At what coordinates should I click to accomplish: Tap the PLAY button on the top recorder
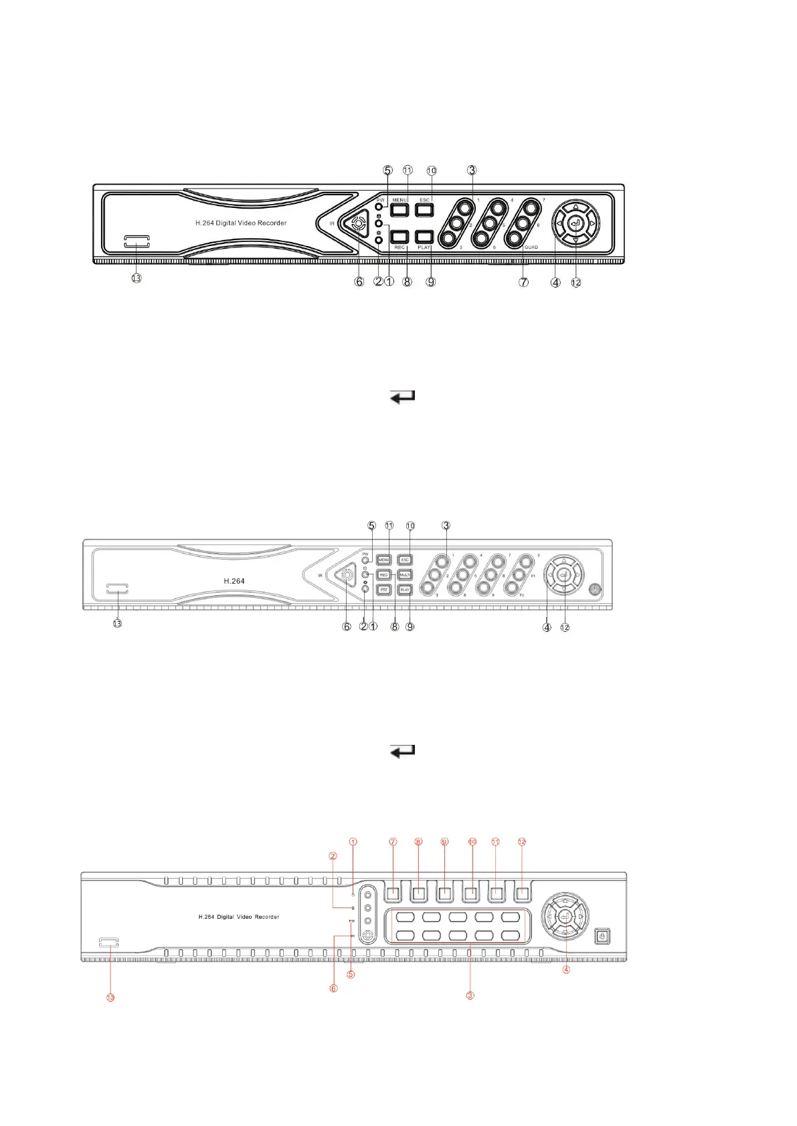click(424, 237)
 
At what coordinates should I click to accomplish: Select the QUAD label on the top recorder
click(531, 247)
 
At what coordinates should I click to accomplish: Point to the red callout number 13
click(110, 997)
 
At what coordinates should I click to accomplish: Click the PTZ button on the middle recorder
click(384, 590)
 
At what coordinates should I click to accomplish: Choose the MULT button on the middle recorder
click(405, 575)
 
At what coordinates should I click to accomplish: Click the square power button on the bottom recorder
click(602, 936)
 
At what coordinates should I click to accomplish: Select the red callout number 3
click(470, 995)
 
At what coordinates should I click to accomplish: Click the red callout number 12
click(523, 842)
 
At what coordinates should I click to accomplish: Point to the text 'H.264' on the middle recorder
click(234, 581)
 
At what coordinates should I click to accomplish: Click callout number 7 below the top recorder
click(524, 282)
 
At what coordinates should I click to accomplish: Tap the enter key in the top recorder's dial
click(576, 223)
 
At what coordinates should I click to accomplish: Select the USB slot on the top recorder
click(137, 241)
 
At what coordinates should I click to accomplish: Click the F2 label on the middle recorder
click(522, 595)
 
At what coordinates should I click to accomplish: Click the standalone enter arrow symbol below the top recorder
click(403, 397)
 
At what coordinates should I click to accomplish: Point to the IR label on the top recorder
click(332, 224)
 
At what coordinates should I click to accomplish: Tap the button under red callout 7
click(393, 893)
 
